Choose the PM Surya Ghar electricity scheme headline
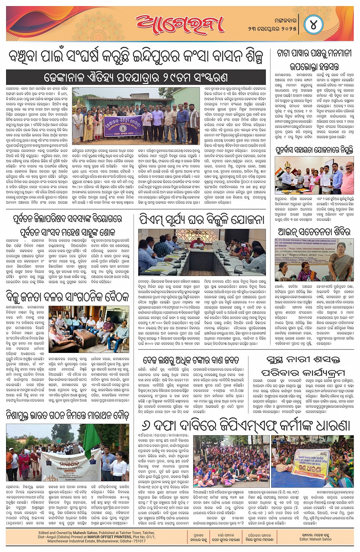tap(202, 220)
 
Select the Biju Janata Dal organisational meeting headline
tap(67, 297)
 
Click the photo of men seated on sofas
tap(89, 329)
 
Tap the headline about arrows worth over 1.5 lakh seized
tap(191, 360)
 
